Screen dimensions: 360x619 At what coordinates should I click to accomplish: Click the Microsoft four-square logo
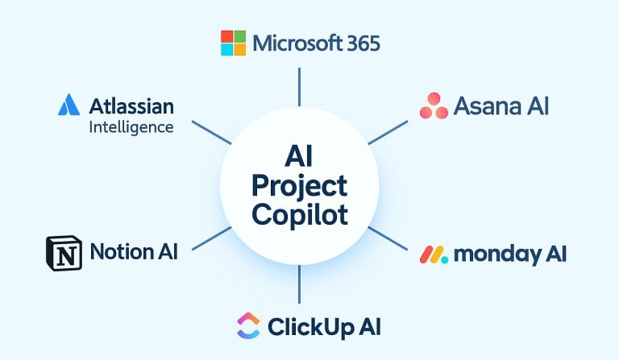(x=233, y=43)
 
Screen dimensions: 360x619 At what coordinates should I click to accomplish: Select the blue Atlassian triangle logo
(x=69, y=106)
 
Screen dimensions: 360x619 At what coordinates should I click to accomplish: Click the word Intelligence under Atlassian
(x=131, y=126)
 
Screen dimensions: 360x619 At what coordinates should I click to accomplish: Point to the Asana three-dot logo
(x=434, y=106)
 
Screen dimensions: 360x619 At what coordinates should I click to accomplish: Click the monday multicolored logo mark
(x=434, y=255)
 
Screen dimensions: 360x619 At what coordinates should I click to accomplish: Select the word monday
(x=493, y=254)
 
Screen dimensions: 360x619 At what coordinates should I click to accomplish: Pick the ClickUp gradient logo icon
(x=247, y=326)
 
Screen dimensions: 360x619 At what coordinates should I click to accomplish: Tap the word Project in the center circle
(x=299, y=186)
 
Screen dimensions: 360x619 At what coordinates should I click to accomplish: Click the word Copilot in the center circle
(x=299, y=214)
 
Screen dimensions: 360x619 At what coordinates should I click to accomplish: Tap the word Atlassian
(x=131, y=106)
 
